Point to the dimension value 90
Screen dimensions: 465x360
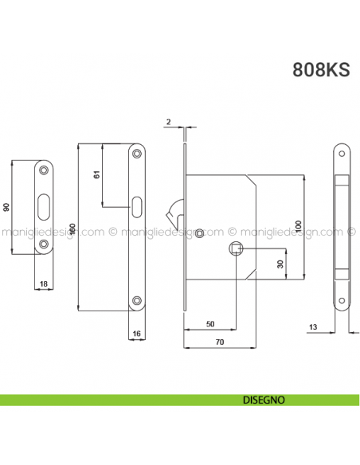coord(6,207)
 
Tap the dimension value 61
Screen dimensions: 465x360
coord(96,175)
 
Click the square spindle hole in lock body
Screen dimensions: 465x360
coord(236,249)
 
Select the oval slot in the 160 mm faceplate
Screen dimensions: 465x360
coord(137,205)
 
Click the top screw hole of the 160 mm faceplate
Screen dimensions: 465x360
coord(137,156)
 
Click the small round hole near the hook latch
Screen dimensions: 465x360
coord(199,232)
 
